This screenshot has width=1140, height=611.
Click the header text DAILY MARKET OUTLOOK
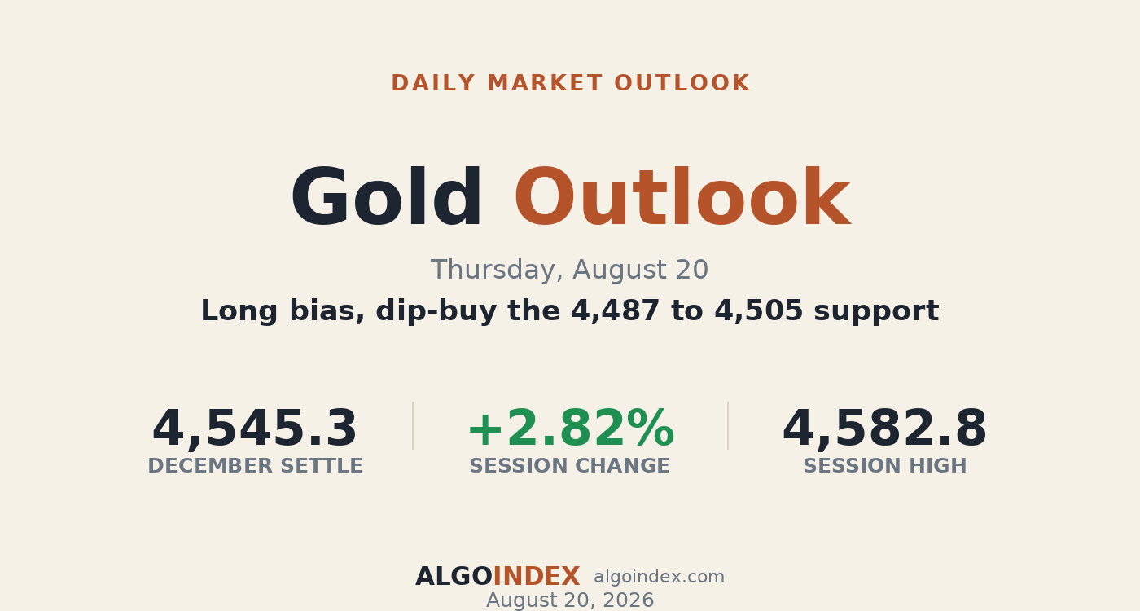(x=570, y=83)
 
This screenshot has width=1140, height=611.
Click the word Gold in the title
(x=386, y=197)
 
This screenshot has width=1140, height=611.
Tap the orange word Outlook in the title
(x=682, y=197)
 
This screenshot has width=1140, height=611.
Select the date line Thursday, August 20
(x=569, y=270)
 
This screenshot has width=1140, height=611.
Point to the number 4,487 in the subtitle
(x=616, y=310)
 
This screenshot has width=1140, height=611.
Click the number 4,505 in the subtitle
(x=759, y=310)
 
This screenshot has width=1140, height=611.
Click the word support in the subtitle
(x=876, y=311)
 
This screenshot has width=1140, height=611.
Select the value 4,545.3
(x=254, y=429)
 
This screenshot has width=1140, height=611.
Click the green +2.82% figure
(x=571, y=429)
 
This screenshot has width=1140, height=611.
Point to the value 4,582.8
(x=884, y=429)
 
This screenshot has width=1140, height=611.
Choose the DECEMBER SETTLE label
(x=255, y=466)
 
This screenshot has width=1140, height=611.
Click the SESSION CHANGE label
(x=569, y=466)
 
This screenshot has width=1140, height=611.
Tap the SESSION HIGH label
(x=885, y=466)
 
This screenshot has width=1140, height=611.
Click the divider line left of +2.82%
(x=413, y=425)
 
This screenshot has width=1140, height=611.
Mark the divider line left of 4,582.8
(x=728, y=425)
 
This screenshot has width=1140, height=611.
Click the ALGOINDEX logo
(x=498, y=577)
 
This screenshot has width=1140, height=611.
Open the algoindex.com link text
(x=659, y=577)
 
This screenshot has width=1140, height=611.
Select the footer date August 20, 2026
(x=570, y=600)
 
